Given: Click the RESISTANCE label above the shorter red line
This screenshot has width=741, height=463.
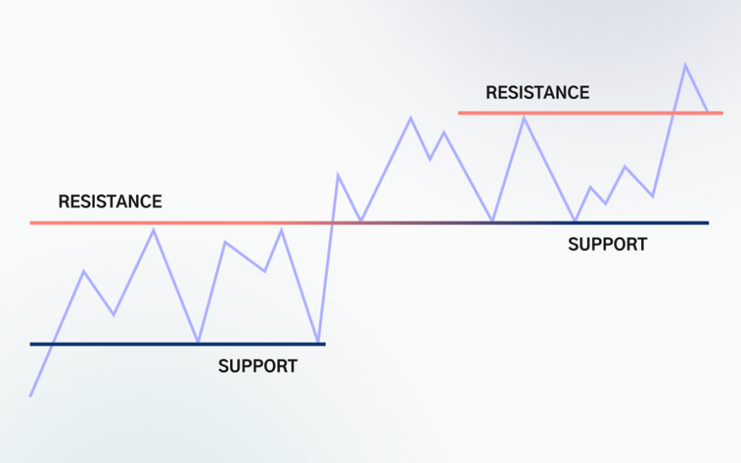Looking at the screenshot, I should pos(537,93).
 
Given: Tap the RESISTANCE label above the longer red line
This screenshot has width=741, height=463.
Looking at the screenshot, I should pos(110,201).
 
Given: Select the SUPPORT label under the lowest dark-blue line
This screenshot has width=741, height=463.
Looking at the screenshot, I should pos(257,366).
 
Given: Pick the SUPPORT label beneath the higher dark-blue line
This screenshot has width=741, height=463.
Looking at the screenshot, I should pos(607,244).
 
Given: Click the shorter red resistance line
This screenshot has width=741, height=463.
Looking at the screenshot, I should pos(590,113).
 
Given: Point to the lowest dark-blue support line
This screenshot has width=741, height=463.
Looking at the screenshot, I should pos(177,344).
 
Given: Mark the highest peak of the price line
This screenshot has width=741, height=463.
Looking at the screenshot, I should pos(685,64).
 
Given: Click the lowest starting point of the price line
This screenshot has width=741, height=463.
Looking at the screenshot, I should pos(30,396).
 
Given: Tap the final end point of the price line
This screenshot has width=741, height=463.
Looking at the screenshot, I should pos(708,112).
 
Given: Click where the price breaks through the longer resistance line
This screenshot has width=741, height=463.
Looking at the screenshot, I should pos(331,223).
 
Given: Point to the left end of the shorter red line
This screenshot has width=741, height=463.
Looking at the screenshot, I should pos(459,113).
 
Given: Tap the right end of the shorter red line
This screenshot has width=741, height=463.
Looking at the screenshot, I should pos(722,113).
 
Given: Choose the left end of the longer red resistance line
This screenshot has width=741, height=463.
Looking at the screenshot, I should pos(30,223).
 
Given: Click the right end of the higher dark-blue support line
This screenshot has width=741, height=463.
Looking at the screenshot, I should pos(708,223).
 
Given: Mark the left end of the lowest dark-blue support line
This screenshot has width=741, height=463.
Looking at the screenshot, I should pos(30,344).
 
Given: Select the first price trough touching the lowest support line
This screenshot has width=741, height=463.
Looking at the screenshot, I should pos(198,342).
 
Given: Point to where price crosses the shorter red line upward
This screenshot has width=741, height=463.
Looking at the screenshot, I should pos(673,113).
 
